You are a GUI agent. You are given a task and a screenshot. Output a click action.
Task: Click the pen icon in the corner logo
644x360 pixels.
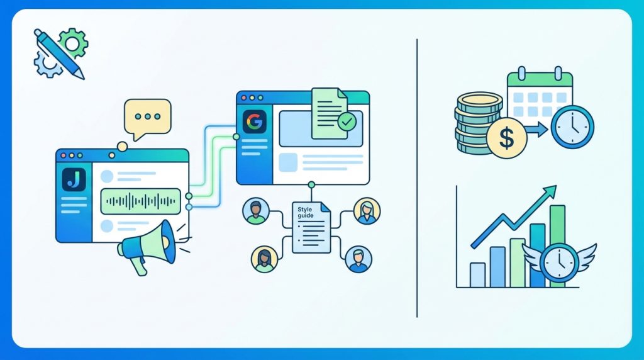(x=59, y=54)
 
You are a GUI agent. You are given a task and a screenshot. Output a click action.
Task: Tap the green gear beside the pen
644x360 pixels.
(x=73, y=43)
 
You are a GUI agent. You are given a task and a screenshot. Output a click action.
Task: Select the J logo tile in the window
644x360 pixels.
(x=74, y=179)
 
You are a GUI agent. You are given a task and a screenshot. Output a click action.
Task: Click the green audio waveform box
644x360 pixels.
(x=140, y=201)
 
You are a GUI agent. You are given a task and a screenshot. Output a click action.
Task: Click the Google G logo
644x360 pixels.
(x=255, y=121)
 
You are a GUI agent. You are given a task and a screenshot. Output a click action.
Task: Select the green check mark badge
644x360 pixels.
(x=347, y=121)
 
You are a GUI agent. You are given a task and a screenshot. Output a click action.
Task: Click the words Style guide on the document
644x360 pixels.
(x=306, y=212)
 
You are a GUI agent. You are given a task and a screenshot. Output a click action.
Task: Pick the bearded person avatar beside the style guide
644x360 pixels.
(x=255, y=211)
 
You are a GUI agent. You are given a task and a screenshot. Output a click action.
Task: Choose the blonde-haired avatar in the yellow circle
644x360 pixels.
(x=367, y=211)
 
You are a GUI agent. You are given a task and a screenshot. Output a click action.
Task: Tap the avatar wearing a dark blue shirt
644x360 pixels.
(x=358, y=259)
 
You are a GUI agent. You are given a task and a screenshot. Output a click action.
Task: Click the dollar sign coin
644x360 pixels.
(x=506, y=138)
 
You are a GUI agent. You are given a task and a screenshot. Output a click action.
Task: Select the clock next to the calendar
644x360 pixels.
(x=572, y=127)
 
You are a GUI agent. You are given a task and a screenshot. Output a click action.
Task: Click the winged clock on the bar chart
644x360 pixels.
(x=559, y=262)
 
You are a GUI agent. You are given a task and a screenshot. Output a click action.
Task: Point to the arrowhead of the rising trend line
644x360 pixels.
(x=551, y=191)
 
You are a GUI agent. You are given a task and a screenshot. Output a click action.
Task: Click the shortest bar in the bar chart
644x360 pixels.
(x=477, y=275)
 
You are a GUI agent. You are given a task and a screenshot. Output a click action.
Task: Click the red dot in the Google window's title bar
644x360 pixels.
(x=244, y=98)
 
